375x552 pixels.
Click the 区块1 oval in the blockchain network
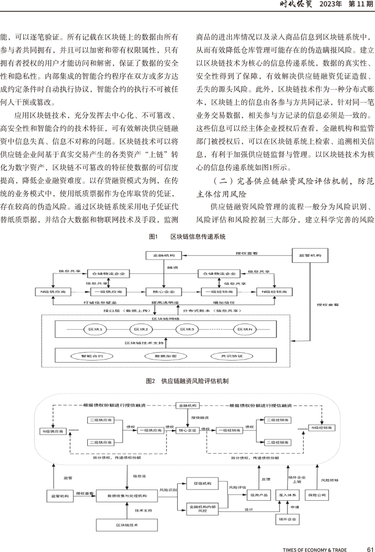tap(95, 329)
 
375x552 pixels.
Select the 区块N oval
tap(245, 329)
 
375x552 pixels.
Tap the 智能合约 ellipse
tap(92, 356)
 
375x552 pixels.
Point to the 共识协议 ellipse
tap(232, 356)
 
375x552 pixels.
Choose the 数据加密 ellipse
tap(166, 356)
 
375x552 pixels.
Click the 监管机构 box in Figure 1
tap(310, 255)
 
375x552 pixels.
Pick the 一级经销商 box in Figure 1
tap(219, 291)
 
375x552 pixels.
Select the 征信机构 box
tap(203, 483)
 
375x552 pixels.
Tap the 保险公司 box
tap(317, 495)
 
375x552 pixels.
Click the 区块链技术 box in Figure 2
tap(127, 525)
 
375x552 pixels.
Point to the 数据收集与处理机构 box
tap(127, 495)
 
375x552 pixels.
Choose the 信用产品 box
tap(259, 495)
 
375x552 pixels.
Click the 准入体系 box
tap(288, 495)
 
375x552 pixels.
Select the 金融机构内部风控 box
tap(203, 509)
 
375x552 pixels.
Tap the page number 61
tap(370, 549)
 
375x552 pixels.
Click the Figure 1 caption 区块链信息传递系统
tap(198, 236)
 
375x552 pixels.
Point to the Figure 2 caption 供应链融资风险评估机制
tap(195, 381)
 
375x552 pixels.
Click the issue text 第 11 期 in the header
tap(361, 4)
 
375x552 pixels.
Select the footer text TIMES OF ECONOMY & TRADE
tap(315, 549)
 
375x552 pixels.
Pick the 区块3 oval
tap(187, 329)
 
